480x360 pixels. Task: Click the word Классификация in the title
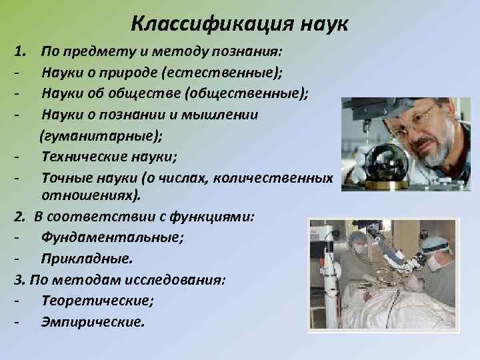(203, 23)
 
